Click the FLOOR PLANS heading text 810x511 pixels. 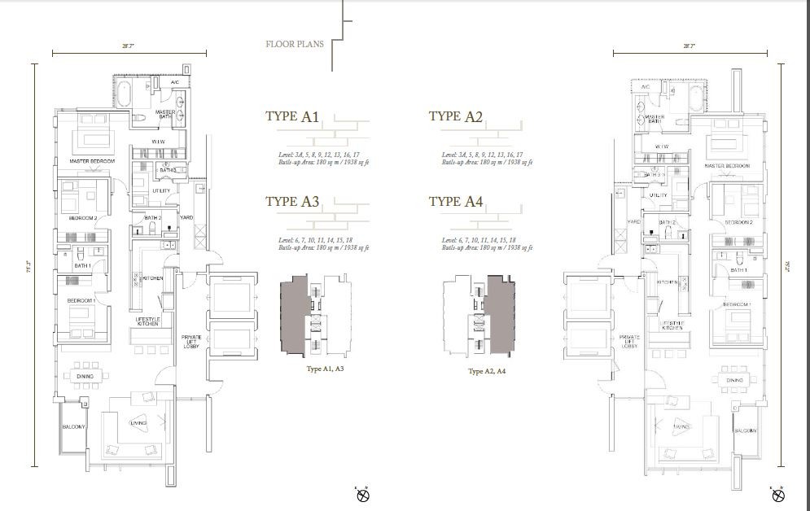[294, 44]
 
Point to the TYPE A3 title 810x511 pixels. [291, 202]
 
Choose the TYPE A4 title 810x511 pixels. [455, 202]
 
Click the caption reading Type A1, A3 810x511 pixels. [325, 369]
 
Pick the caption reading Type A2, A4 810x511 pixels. [487, 371]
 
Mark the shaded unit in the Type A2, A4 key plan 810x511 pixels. [499, 317]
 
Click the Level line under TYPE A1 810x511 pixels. [318, 155]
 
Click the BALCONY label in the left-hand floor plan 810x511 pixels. [73, 427]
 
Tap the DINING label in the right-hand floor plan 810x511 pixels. [734, 380]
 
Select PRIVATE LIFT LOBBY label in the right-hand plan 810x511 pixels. [629, 342]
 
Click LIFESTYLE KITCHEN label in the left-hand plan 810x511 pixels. [147, 321]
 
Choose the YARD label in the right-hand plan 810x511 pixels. [632, 221]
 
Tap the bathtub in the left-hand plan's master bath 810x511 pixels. [124, 94]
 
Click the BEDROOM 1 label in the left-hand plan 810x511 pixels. [82, 301]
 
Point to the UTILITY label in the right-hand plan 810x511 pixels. [658, 195]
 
